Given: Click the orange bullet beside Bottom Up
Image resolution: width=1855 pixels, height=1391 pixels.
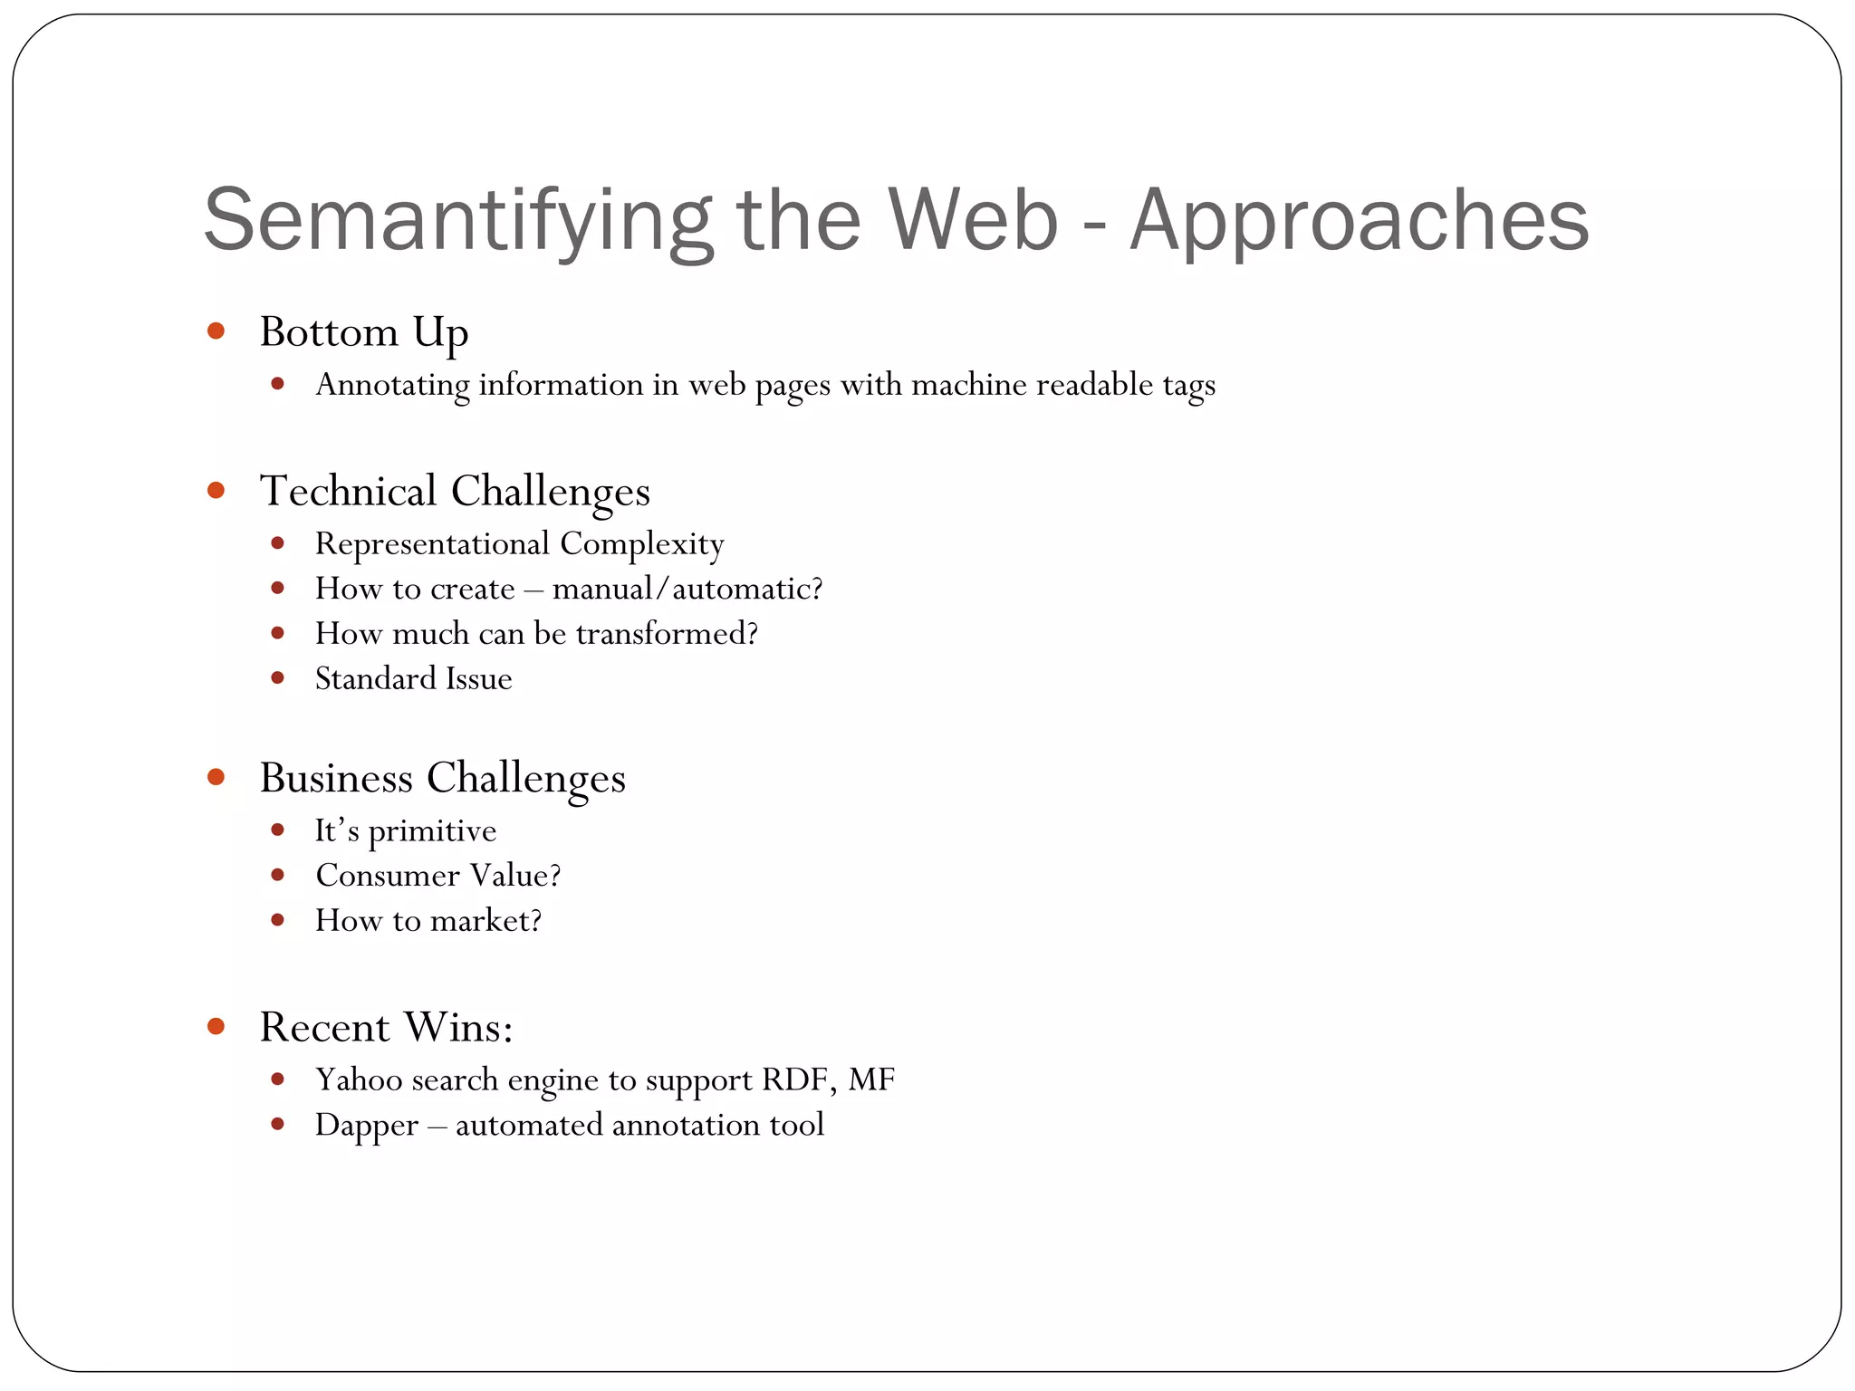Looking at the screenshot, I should click(216, 331).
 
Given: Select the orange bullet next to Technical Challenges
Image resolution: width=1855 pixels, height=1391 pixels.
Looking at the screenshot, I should click(216, 490).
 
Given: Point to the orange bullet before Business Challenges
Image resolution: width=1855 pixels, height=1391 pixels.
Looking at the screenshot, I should click(216, 777).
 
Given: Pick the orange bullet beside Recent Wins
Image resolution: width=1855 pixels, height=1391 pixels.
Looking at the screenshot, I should click(216, 1026).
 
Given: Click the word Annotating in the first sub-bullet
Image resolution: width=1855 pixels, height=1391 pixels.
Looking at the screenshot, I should click(392, 385).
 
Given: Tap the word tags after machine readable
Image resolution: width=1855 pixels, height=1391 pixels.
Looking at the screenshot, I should click(1188, 385).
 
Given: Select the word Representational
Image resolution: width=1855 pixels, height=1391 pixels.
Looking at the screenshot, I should click(432, 543).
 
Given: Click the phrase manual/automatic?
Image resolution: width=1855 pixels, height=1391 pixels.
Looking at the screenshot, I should click(687, 589).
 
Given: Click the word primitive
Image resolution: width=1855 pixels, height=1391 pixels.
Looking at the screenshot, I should click(432, 830).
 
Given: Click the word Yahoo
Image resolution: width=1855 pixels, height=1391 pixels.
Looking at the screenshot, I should click(355, 1079).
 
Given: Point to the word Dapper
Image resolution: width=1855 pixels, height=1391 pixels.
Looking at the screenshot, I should click(367, 1125).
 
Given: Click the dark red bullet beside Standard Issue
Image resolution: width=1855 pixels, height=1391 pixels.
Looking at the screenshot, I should click(278, 677).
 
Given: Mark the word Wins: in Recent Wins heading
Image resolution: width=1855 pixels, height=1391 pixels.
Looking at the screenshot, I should click(458, 1027).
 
